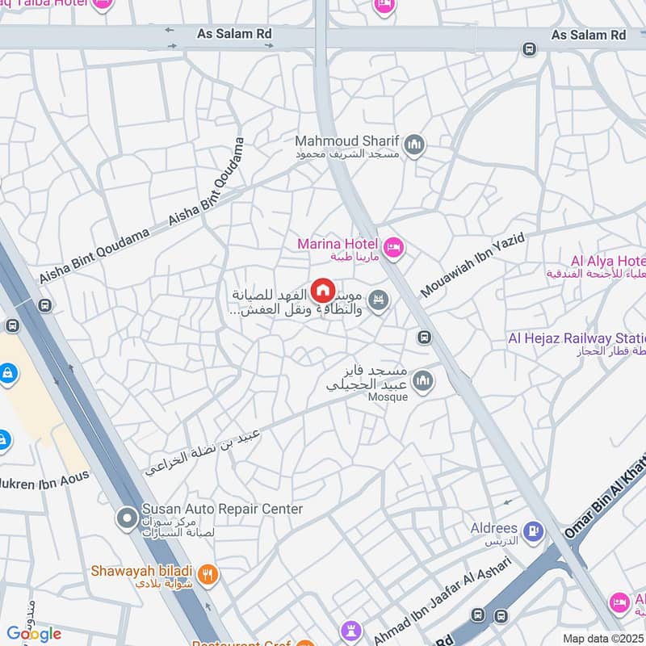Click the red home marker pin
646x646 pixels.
(323, 291)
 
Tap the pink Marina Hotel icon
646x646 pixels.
(393, 246)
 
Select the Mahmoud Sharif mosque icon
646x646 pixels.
(415, 145)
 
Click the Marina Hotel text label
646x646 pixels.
(338, 244)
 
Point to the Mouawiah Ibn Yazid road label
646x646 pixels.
(472, 265)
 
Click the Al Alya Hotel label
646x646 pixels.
(607, 261)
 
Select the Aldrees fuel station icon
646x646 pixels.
(532, 531)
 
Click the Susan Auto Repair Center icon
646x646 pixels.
(127, 518)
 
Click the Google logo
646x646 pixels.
(34, 634)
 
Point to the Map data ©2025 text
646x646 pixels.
(602, 638)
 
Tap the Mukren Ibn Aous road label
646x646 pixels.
(44, 480)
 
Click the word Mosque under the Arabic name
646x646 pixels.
(389, 396)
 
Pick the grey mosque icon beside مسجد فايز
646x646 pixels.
(423, 380)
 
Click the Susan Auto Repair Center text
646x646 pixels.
(222, 509)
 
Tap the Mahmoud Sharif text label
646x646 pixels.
(348, 140)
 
